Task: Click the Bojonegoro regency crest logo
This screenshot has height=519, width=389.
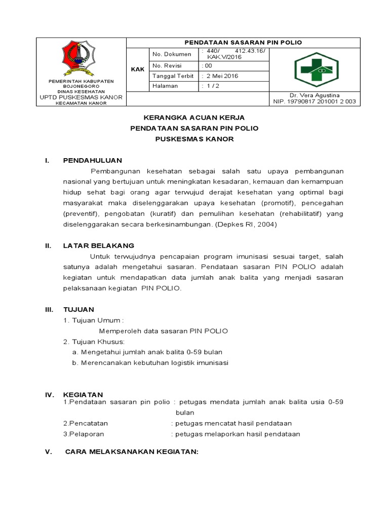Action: click(x=78, y=56)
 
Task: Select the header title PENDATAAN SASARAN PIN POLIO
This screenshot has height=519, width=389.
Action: click(x=243, y=43)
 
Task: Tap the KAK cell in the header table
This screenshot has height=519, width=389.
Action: click(x=137, y=69)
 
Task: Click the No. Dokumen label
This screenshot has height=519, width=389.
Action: click(x=172, y=54)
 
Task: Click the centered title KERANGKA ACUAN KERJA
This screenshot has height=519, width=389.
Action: click(x=194, y=118)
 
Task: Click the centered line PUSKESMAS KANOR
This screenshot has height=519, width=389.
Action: click(x=194, y=139)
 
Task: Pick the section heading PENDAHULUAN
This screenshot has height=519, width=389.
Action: click(x=92, y=161)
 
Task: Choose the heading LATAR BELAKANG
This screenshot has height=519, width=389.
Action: click(x=98, y=246)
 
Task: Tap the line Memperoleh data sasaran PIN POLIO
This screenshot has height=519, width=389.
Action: click(x=163, y=331)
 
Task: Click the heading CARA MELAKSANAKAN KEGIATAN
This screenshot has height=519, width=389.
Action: click(x=132, y=452)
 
